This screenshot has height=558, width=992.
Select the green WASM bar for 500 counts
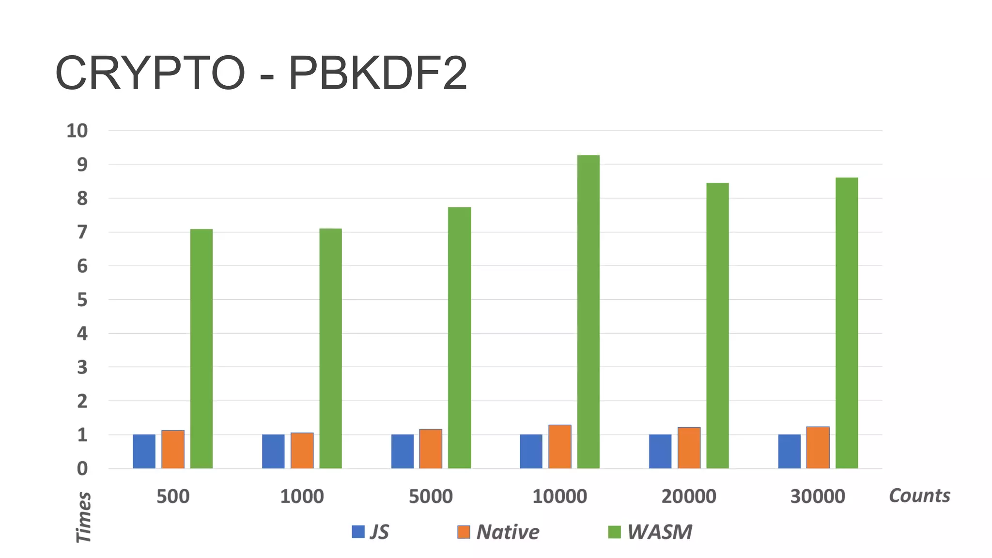201,349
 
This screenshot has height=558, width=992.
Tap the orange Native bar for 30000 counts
818,448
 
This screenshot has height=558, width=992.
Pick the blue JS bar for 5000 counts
402,451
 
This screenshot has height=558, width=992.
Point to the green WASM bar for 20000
717,325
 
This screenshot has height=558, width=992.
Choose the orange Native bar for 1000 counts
302,450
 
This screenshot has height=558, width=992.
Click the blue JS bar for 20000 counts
660,451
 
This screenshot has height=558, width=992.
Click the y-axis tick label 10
77,131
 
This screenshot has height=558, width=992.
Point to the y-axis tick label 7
82,232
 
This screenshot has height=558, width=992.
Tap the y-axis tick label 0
82,468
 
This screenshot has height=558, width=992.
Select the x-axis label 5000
431,496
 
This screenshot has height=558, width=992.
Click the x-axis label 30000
818,496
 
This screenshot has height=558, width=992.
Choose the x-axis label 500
173,496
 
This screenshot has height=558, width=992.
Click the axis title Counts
919,496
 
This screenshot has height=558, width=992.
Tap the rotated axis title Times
84,517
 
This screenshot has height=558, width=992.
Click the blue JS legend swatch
358,532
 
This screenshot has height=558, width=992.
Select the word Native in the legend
508,532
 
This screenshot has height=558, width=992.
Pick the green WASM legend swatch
614,532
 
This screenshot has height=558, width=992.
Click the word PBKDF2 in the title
378,74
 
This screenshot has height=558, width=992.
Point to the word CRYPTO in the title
150,74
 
